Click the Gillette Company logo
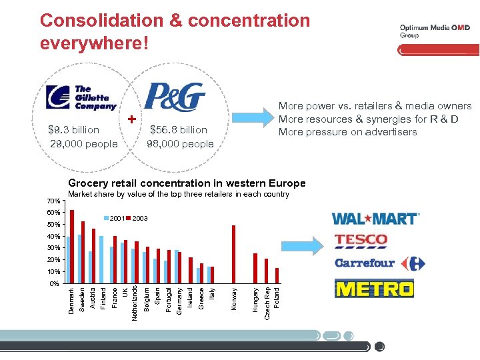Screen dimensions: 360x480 click(81, 98)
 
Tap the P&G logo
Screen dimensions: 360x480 click(175, 97)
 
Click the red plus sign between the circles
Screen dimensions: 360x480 click(132, 119)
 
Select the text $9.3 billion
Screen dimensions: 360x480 click(74, 130)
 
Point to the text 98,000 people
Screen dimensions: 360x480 click(180, 144)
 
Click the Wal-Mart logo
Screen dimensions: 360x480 click(375, 218)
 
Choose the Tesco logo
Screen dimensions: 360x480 click(361, 240)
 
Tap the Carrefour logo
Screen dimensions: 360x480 click(379, 263)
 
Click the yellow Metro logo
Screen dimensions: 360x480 click(373, 289)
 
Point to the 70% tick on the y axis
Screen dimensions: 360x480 click(54, 201)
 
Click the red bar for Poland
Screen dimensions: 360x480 click(277, 275)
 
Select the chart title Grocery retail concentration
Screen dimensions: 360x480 click(187, 183)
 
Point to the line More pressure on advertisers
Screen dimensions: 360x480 click(347, 132)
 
